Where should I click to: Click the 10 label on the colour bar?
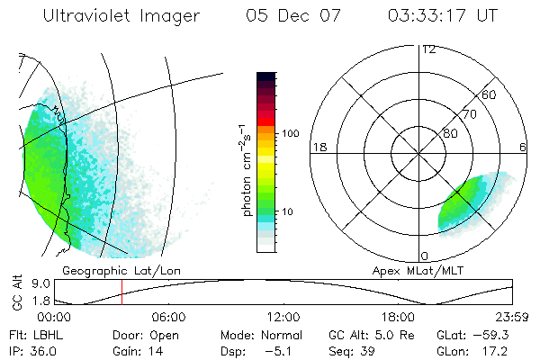[x=289, y=212]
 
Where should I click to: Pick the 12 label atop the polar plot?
[x=428, y=49]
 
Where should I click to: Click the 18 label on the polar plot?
[x=318, y=147]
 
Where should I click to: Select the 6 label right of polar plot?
[x=523, y=147]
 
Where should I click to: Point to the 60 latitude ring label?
[x=490, y=94]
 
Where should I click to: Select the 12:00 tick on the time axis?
[x=283, y=317]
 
